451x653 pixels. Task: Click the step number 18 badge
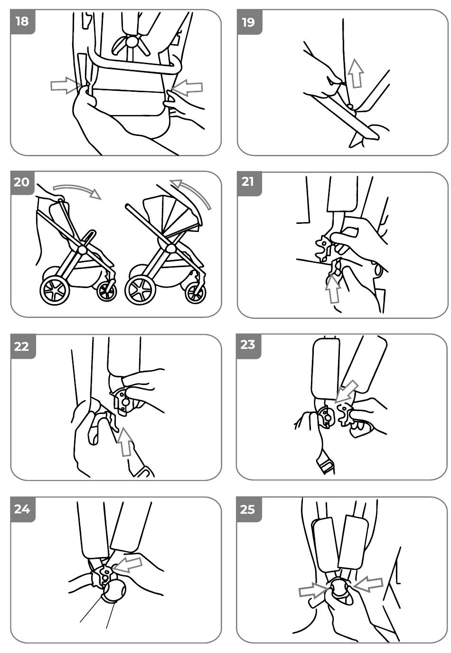(22, 21)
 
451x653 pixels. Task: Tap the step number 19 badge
(248, 21)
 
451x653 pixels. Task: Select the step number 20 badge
(22, 182)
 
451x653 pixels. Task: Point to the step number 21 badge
(248, 182)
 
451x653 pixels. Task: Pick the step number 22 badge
(22, 346)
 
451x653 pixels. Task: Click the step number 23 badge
(248, 346)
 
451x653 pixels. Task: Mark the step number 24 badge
(22, 509)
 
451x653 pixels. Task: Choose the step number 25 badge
(248, 509)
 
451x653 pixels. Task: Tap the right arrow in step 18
(188, 87)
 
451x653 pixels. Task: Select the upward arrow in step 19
(356, 73)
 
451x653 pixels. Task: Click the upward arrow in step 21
(334, 288)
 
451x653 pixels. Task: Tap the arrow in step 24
(129, 564)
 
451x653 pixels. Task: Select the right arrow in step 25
(368, 584)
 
